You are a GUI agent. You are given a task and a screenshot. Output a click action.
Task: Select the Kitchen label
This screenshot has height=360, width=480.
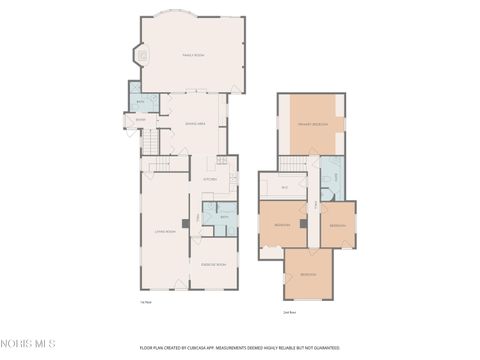tap(210, 180)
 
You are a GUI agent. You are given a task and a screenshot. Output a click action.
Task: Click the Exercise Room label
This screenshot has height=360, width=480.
tap(213, 264)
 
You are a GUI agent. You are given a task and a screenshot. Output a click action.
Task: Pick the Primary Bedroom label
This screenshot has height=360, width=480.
tap(311, 124)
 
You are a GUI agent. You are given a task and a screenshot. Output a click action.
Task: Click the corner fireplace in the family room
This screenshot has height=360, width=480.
tap(142, 57)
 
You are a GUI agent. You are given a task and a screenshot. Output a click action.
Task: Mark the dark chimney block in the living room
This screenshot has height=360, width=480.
tap(185, 223)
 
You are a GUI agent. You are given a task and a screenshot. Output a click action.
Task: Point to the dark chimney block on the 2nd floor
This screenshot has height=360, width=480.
tap(303, 224)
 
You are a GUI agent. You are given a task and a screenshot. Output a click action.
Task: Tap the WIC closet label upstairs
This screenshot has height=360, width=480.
tap(284, 187)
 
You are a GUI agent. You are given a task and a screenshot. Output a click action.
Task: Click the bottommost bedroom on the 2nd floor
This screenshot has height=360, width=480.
tap(308, 273)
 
